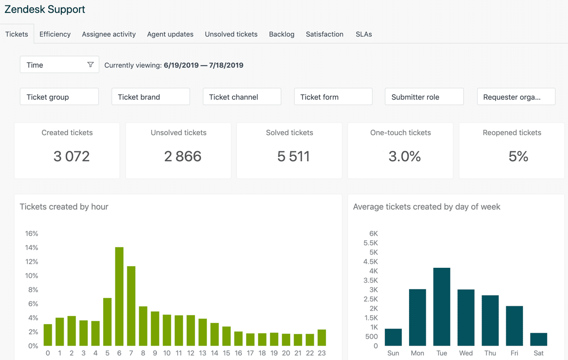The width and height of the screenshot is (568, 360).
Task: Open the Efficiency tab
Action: tap(55, 34)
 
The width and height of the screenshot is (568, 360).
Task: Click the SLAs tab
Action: tap(364, 34)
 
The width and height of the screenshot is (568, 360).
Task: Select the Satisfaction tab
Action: tap(324, 34)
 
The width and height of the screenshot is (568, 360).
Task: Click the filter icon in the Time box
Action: tap(90, 65)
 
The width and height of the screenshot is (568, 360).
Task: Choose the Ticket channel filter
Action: tap(242, 97)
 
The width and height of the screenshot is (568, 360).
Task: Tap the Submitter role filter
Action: tap(424, 97)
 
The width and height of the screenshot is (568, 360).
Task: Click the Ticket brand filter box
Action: tap(151, 97)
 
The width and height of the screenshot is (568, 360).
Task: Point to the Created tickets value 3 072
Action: tap(72, 156)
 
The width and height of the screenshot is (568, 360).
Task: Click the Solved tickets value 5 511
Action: tap(294, 156)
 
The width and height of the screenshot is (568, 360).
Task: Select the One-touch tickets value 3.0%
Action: tap(405, 156)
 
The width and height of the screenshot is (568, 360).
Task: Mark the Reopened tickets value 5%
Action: tap(518, 156)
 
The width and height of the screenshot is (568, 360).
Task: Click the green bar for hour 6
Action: tap(119, 296)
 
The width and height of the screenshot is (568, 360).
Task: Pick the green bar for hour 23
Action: tap(322, 338)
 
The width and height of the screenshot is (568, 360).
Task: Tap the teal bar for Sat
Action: tap(538, 339)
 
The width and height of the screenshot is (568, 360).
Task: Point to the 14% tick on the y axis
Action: tap(32, 248)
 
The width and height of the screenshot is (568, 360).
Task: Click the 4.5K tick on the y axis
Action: tap(371, 261)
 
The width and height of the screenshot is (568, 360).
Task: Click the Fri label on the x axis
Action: tap(514, 353)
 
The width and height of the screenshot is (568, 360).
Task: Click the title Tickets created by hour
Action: tap(64, 207)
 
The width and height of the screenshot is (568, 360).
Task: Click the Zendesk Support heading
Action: tap(45, 9)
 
